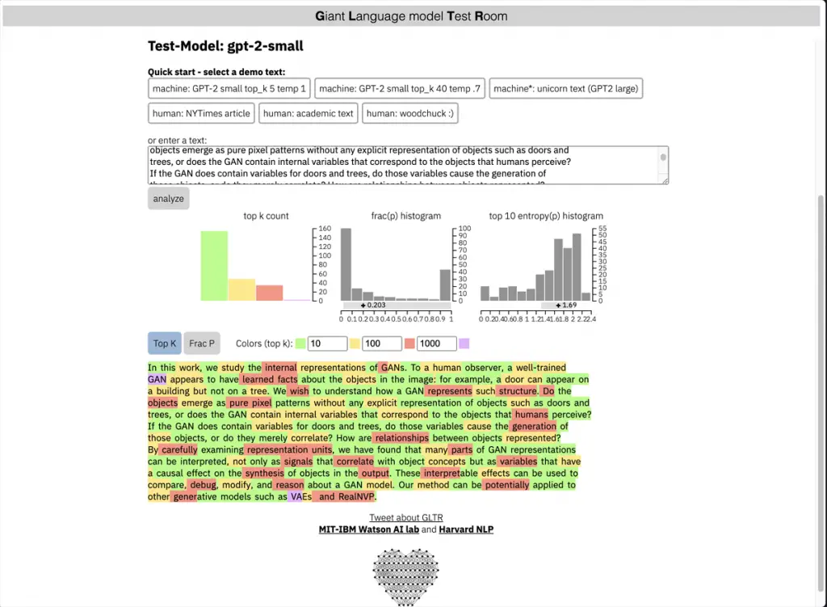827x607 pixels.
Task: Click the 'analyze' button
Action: coord(168,199)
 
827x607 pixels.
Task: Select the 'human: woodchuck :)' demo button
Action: coord(410,113)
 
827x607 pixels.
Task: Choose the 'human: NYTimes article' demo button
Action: coord(202,113)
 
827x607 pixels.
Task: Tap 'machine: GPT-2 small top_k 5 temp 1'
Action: coord(229,89)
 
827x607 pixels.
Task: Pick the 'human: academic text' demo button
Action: coord(309,113)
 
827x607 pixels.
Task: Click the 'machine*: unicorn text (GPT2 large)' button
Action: coord(566,89)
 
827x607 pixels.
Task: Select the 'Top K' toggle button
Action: coord(165,344)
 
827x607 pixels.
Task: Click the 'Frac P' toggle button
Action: coord(202,344)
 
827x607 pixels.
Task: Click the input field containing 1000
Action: coord(436,344)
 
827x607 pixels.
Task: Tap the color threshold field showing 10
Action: coord(327,344)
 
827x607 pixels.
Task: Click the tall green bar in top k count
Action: coord(214,266)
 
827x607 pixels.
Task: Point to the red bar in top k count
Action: coord(269,293)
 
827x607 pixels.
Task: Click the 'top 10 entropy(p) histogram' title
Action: coord(546,216)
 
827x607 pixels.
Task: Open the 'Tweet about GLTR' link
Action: coord(406,517)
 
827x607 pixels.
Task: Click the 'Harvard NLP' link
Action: coord(466,529)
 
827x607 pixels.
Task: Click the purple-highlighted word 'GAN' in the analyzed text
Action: coord(157,379)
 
